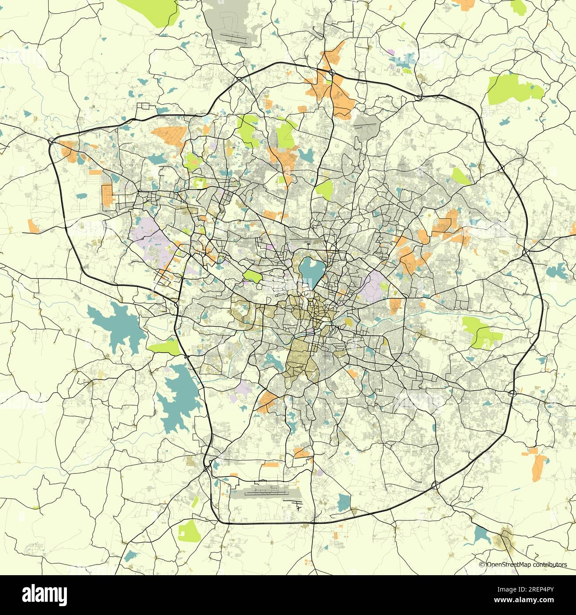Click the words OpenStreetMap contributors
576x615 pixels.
pos(527,565)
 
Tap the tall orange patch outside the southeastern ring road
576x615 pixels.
pos(539,469)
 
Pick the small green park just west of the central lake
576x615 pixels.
pos(253,277)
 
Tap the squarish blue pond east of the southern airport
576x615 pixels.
pos(344,503)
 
